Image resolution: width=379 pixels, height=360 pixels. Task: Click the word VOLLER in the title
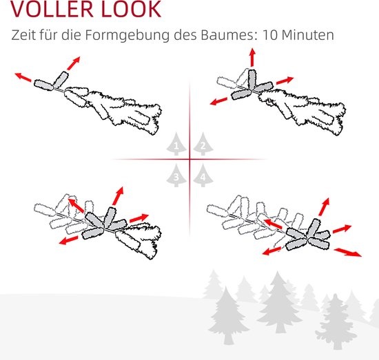point(52,9)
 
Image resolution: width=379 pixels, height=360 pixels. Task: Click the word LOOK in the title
point(131,9)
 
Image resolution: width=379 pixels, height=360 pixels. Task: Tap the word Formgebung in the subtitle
point(127,36)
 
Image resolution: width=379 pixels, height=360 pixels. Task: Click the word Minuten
point(308,35)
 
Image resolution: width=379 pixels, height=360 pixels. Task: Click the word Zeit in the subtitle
point(23,35)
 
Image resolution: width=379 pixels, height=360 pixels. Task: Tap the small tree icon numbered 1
point(176,144)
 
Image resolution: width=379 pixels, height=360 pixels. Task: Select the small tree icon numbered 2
point(203,144)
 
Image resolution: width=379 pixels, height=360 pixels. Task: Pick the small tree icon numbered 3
point(176,176)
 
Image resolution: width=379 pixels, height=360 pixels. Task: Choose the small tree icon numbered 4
point(203,176)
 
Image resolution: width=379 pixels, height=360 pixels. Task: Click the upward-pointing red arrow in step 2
point(252,57)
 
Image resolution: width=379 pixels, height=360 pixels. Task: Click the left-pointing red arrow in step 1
point(23,77)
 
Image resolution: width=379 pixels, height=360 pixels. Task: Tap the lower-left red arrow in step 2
point(218,101)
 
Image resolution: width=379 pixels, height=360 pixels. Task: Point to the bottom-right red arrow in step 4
point(347,253)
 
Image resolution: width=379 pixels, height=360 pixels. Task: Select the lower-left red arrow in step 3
point(69,240)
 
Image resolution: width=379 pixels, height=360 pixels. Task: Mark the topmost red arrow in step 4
point(325,207)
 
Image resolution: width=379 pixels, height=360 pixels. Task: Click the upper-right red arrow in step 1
point(74,63)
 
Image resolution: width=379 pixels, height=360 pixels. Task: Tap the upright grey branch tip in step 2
point(252,80)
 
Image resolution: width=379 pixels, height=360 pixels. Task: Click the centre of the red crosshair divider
point(189,160)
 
